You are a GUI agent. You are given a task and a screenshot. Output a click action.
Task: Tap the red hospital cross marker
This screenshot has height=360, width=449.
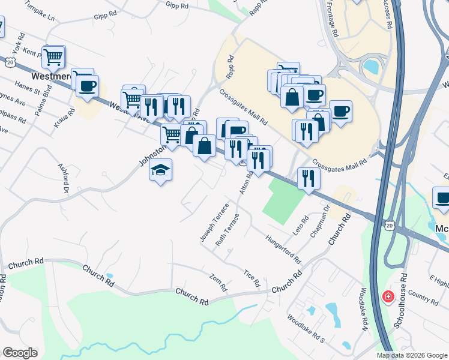point(388,296)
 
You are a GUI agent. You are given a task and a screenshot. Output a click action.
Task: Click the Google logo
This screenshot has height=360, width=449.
point(20,353)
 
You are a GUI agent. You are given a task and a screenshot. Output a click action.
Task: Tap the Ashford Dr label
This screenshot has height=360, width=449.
point(63,178)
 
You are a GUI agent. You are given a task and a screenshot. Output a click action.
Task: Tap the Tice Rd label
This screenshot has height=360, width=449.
point(252,277)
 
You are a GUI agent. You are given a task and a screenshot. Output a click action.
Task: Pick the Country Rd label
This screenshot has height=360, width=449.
point(426,298)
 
